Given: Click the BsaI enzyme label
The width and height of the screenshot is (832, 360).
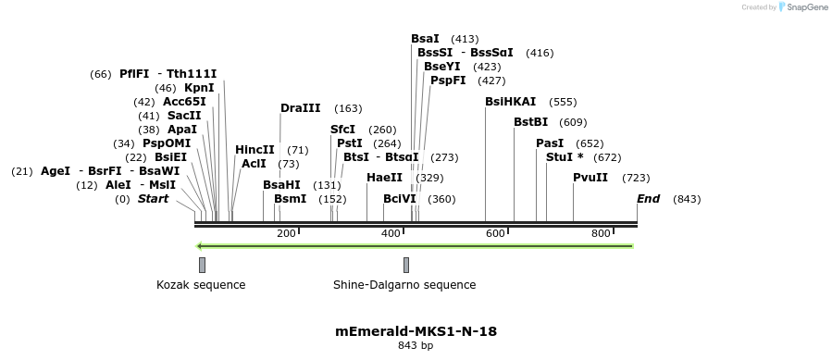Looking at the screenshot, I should (425, 39).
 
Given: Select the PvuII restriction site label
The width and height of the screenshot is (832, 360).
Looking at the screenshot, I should (590, 178).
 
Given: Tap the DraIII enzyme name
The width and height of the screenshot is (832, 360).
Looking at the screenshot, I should (301, 108).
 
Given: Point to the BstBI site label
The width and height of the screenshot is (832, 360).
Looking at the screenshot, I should (531, 122).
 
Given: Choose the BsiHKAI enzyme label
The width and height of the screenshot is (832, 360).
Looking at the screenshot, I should (510, 102).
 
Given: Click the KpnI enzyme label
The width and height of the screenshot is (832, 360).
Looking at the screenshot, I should (199, 88).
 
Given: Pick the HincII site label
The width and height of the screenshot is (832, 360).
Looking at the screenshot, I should (255, 150).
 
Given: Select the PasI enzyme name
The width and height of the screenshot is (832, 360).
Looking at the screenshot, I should (550, 143).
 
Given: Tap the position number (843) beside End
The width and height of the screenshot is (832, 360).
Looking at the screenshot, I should (687, 199).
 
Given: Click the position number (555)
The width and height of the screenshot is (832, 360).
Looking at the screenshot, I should (563, 102).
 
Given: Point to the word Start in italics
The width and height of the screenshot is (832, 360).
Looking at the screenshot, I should (154, 199).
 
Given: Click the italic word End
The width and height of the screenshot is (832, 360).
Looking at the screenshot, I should (648, 199).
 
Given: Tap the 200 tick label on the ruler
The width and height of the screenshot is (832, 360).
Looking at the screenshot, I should (286, 233).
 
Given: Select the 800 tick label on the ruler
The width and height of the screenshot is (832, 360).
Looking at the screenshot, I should (601, 233).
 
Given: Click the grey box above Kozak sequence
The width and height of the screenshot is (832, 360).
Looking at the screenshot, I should (202, 265).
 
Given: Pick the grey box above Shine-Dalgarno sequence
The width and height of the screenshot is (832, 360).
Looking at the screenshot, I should (405, 265).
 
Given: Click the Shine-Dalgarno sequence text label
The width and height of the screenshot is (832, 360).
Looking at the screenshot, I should (404, 285).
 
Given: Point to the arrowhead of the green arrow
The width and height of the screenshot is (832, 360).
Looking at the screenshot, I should (200, 246).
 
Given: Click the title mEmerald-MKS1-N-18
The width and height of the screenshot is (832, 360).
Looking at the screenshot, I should (416, 330).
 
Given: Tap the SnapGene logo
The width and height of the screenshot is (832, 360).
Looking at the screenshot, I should (803, 7).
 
